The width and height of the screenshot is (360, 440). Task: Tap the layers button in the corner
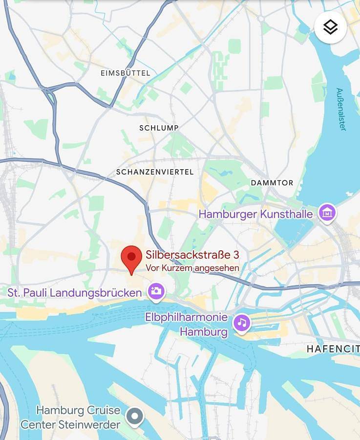tap(331, 27)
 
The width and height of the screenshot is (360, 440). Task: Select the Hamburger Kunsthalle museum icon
tap(327, 213)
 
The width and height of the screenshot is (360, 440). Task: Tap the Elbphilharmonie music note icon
tap(241, 323)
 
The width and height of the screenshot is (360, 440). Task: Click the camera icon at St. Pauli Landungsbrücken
tap(157, 292)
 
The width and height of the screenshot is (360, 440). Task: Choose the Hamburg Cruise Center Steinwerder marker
tap(135, 417)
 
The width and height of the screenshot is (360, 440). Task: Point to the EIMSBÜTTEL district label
tap(126, 73)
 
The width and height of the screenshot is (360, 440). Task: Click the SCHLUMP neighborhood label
tap(159, 128)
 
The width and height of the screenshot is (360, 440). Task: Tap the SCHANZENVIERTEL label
tap(155, 172)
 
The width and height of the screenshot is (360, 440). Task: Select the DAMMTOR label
tap(272, 183)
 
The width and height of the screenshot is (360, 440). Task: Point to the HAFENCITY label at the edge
tap(333, 349)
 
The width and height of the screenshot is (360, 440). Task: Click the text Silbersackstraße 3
tap(192, 255)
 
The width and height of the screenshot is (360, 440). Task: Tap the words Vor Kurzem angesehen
tap(192, 268)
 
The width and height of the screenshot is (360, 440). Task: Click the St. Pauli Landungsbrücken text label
tap(75, 293)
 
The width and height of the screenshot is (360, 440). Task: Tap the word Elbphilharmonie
tap(186, 317)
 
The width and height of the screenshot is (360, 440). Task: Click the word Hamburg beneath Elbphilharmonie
tap(204, 332)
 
